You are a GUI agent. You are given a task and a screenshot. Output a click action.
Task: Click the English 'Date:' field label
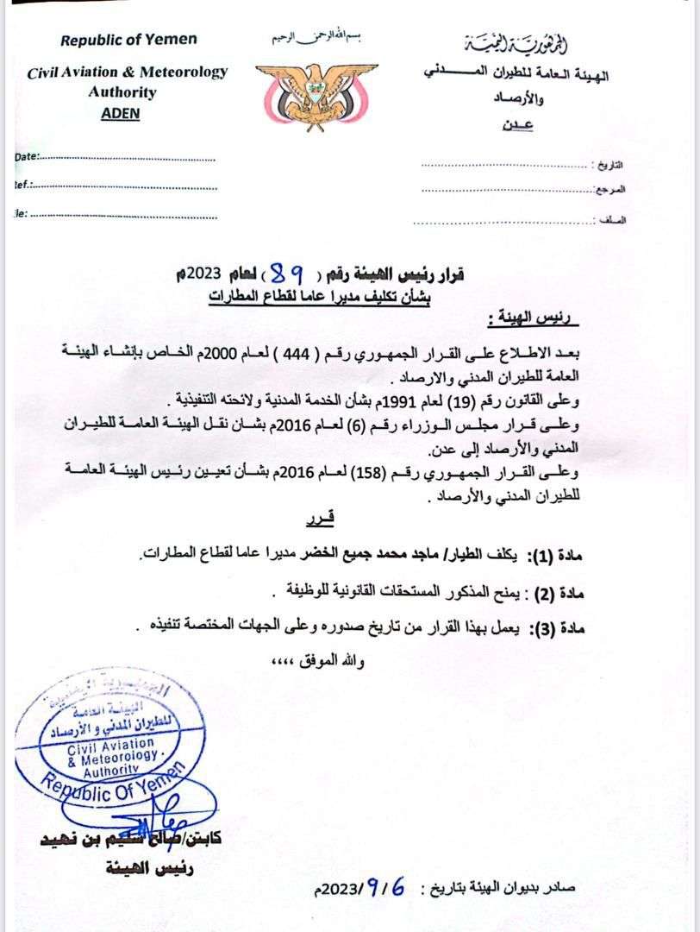(28, 157)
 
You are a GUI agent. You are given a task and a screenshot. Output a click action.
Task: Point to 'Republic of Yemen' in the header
(128, 40)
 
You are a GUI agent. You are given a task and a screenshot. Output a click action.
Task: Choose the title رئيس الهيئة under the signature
(163, 869)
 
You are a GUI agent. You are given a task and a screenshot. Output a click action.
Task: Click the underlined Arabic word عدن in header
(516, 125)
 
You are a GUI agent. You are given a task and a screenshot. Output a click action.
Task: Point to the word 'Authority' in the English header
(122, 92)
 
